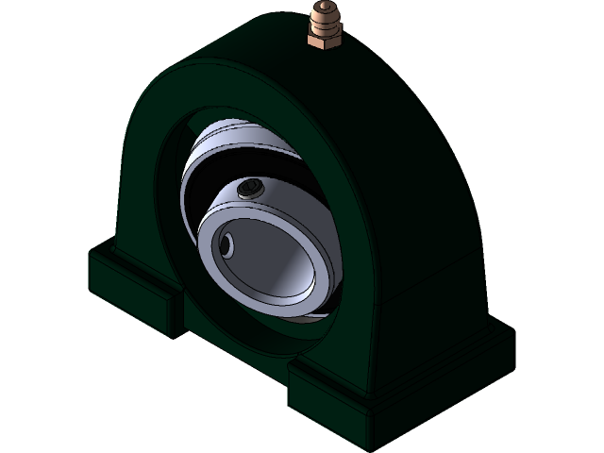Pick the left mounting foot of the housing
point(132,288)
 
